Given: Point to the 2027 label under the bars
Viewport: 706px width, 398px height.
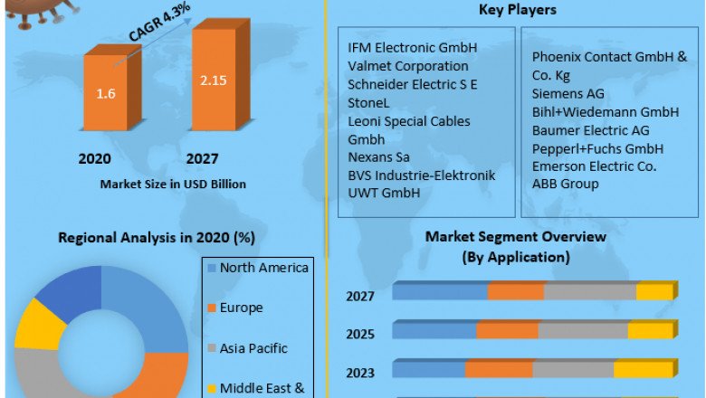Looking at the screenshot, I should pyautogui.click(x=203, y=159).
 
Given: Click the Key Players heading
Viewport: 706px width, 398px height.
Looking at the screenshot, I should pyautogui.click(x=517, y=10).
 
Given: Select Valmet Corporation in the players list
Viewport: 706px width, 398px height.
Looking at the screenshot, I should pyautogui.click(x=408, y=65).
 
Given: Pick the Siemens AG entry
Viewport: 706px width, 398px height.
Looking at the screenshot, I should pyautogui.click(x=568, y=93).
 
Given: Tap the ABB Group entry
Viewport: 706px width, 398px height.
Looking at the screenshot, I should pyautogui.click(x=566, y=185).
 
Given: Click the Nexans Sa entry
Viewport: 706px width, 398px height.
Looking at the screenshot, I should pyautogui.click(x=378, y=156).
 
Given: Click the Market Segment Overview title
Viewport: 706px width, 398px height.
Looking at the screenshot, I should pyautogui.click(x=516, y=237).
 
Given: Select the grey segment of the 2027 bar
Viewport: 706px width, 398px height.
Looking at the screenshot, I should pyautogui.click(x=590, y=291).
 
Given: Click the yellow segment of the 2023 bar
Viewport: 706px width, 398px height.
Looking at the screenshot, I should pyautogui.click(x=643, y=370).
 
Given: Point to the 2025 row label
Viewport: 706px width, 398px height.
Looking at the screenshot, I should pyautogui.click(x=360, y=334).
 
